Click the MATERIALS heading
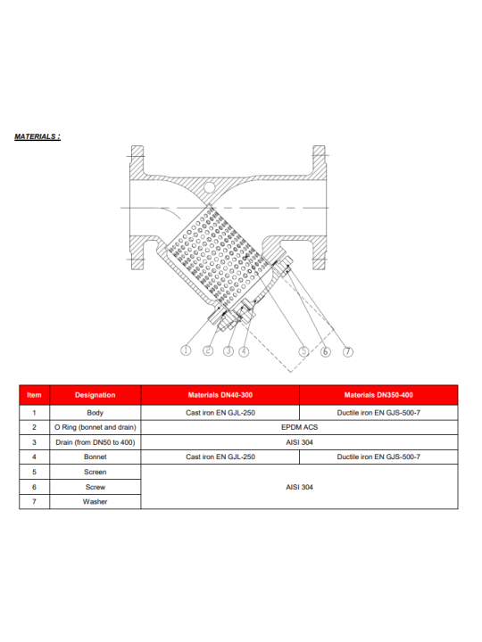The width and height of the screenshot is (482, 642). click(37, 136)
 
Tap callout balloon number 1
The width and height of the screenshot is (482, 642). click(186, 350)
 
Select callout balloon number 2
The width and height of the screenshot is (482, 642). click(208, 350)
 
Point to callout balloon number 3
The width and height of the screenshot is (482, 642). click(229, 351)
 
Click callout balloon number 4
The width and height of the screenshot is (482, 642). click(244, 351)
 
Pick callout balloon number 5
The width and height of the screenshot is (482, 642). click(303, 351)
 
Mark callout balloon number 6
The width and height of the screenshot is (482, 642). click(326, 351)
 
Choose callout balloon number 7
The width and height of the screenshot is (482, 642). click(347, 351)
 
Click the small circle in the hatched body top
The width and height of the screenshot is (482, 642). click(210, 187)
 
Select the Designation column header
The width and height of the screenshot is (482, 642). click(96, 395)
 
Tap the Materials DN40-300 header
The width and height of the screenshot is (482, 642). click(220, 395)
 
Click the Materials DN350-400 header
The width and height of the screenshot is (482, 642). click(378, 395)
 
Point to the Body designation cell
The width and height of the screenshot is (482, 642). click(96, 413)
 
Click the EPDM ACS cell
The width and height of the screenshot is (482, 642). click(299, 427)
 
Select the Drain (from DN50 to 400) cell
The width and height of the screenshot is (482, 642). click(96, 442)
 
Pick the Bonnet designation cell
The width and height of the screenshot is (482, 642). click(96, 457)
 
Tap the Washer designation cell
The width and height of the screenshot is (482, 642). click(96, 501)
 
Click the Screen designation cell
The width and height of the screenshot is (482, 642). click(96, 472)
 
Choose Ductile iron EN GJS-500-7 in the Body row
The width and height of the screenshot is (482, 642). click(378, 413)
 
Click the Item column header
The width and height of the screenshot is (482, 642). click(35, 395)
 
